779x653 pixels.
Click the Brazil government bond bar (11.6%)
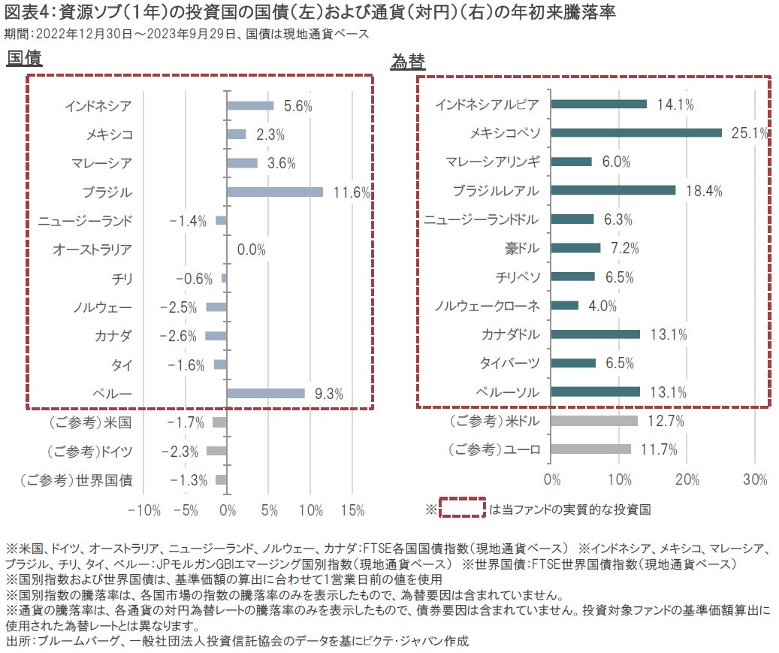(x=275, y=192)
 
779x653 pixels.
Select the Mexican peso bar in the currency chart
(x=636, y=133)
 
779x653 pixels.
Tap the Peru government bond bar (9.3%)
(x=266, y=393)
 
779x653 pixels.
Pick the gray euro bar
(x=591, y=449)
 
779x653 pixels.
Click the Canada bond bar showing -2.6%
(x=216, y=335)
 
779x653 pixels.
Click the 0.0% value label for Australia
(x=251, y=249)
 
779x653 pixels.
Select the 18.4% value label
(x=703, y=191)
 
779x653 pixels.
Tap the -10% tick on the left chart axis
(x=144, y=510)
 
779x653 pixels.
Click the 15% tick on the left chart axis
(x=352, y=510)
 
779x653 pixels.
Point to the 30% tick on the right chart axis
(x=754, y=479)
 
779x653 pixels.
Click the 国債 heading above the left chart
(x=24, y=59)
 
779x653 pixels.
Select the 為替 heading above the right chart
(x=408, y=62)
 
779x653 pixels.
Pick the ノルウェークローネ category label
(x=488, y=306)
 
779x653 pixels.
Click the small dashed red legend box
(x=462, y=508)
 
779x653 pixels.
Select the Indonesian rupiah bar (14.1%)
(x=599, y=104)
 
